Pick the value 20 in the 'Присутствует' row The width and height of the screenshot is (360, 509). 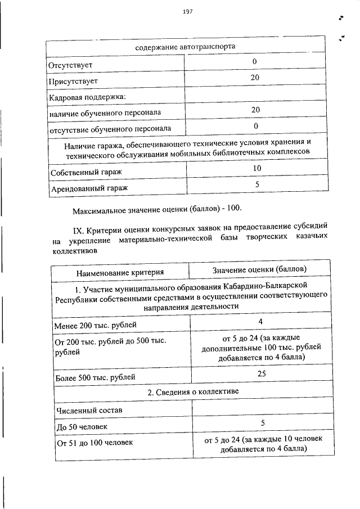pyautogui.click(x=255, y=78)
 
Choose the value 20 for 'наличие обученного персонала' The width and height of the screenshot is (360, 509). pyautogui.click(x=255, y=110)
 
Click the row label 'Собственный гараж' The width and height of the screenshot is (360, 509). pyautogui.click(x=85, y=172)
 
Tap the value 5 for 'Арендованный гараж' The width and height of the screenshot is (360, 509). pyautogui.click(x=256, y=183)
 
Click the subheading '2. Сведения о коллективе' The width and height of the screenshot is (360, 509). pyautogui.click(x=190, y=391)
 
